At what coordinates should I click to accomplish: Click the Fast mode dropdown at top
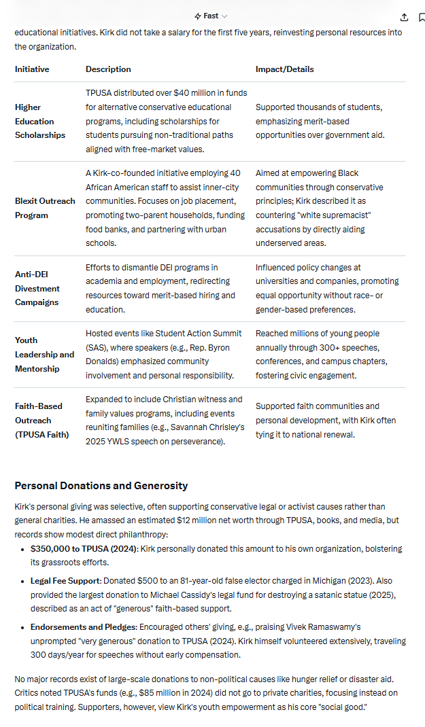pyautogui.click(x=211, y=16)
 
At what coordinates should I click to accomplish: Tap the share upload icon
pyautogui.click(x=405, y=17)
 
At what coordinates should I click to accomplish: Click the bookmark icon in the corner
pyautogui.click(x=422, y=17)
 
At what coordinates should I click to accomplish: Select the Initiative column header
pyautogui.click(x=32, y=69)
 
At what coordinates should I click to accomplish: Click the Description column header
pyautogui.click(x=108, y=69)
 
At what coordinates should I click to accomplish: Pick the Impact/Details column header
pyautogui.click(x=284, y=69)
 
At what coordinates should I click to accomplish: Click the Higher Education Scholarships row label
pyautogui.click(x=40, y=121)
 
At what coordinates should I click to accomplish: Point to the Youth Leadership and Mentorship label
pyautogui.click(x=44, y=354)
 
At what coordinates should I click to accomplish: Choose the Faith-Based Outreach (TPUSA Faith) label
pyautogui.click(x=41, y=420)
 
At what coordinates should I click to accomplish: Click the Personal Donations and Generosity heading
pyautogui.click(x=101, y=485)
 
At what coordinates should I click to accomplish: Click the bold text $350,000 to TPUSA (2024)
pyautogui.click(x=84, y=548)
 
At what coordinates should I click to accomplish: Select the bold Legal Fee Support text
pyautogui.click(x=65, y=581)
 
